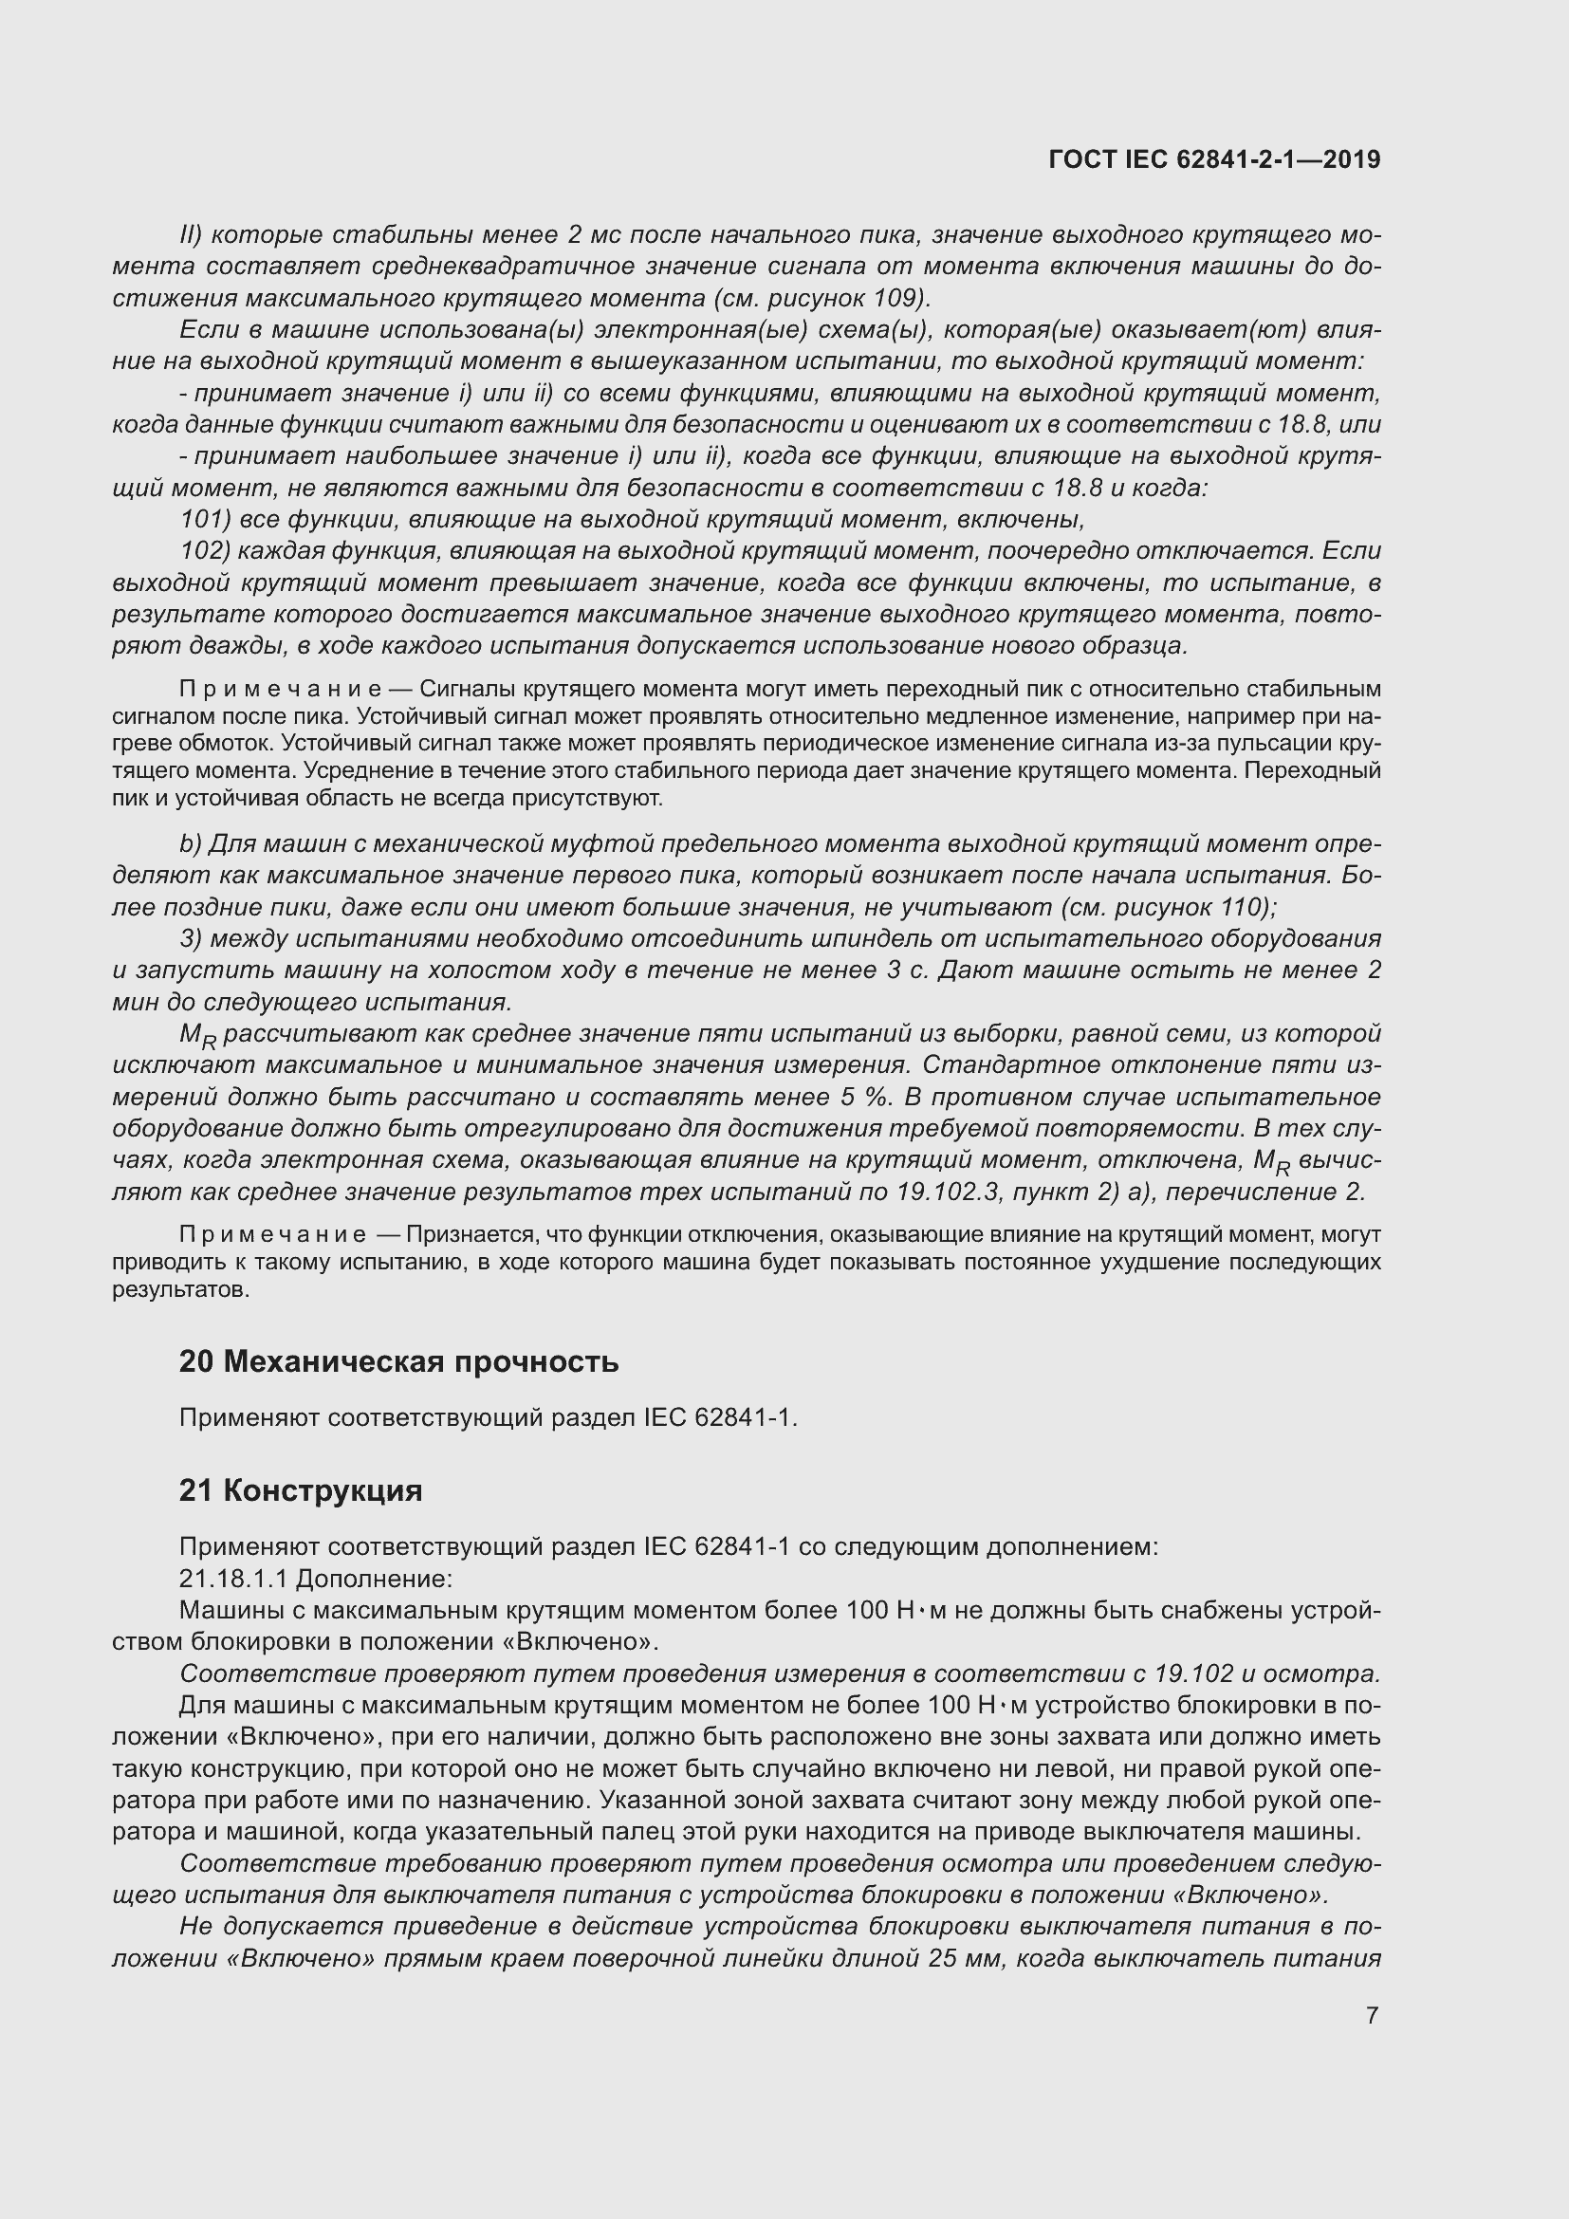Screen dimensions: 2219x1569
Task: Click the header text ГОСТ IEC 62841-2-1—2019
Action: pos(1213,159)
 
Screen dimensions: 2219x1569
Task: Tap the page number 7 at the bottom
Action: pos(1372,2015)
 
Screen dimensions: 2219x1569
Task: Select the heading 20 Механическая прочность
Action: pos(398,1361)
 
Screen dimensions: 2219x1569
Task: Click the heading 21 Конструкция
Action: pos(301,1490)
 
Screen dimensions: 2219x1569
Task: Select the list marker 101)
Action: pos(205,520)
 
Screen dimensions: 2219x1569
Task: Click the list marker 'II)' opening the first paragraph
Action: pos(191,235)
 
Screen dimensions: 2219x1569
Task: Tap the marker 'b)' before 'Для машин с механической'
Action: pos(191,843)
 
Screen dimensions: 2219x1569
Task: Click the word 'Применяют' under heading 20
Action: pos(250,1417)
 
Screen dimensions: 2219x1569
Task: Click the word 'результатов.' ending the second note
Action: pos(180,1290)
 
